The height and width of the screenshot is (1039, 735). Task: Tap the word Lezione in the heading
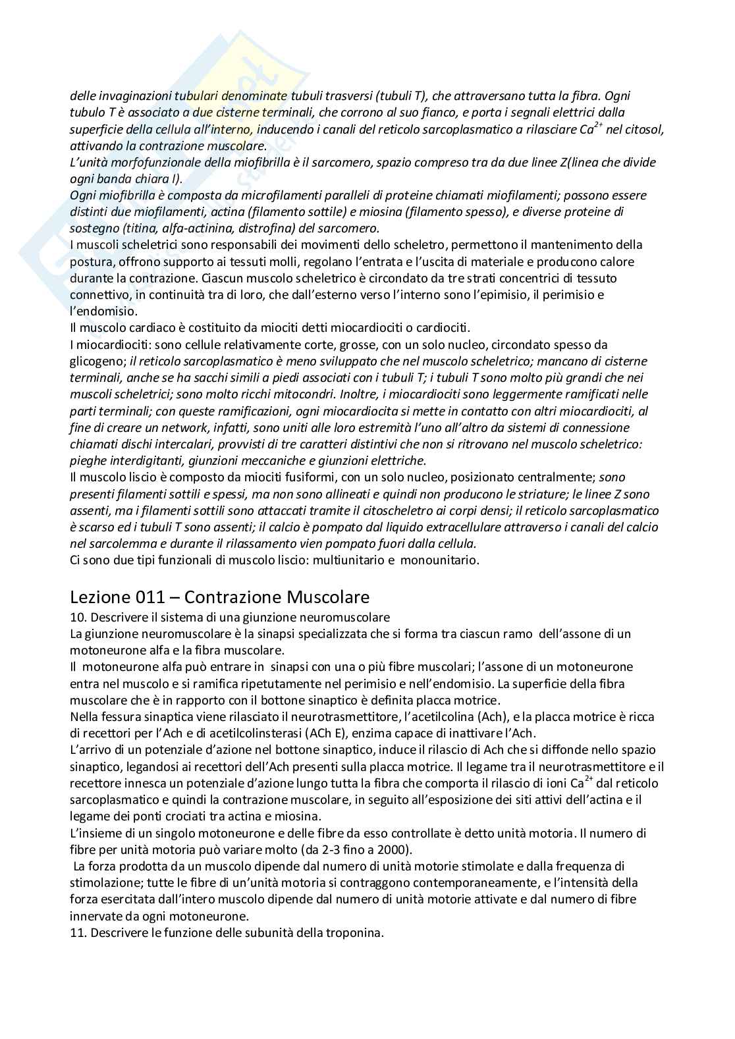click(99, 597)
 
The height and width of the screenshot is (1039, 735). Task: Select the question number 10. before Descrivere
click(78, 618)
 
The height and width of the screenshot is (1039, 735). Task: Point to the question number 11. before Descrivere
click(78, 932)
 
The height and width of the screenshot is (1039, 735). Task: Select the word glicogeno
click(97, 361)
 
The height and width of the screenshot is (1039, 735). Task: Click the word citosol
click(644, 129)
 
